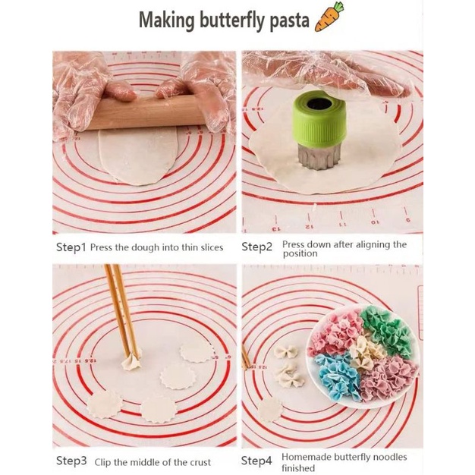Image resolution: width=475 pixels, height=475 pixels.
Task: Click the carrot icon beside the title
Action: [329, 17]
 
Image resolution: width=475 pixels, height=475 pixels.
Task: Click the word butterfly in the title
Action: [231, 20]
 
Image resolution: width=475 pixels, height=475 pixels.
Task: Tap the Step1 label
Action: [71, 247]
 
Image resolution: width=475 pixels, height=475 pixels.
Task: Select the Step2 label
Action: [257, 247]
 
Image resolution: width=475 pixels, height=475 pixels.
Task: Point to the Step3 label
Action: [71, 461]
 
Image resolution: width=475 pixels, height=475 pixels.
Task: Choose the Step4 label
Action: [256, 461]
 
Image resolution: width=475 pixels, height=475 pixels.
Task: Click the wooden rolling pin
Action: [146, 112]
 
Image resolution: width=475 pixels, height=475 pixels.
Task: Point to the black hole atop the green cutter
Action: [319, 104]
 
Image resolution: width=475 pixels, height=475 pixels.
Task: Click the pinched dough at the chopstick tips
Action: [131, 361]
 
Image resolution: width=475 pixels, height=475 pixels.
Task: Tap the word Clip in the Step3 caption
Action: [102, 463]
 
